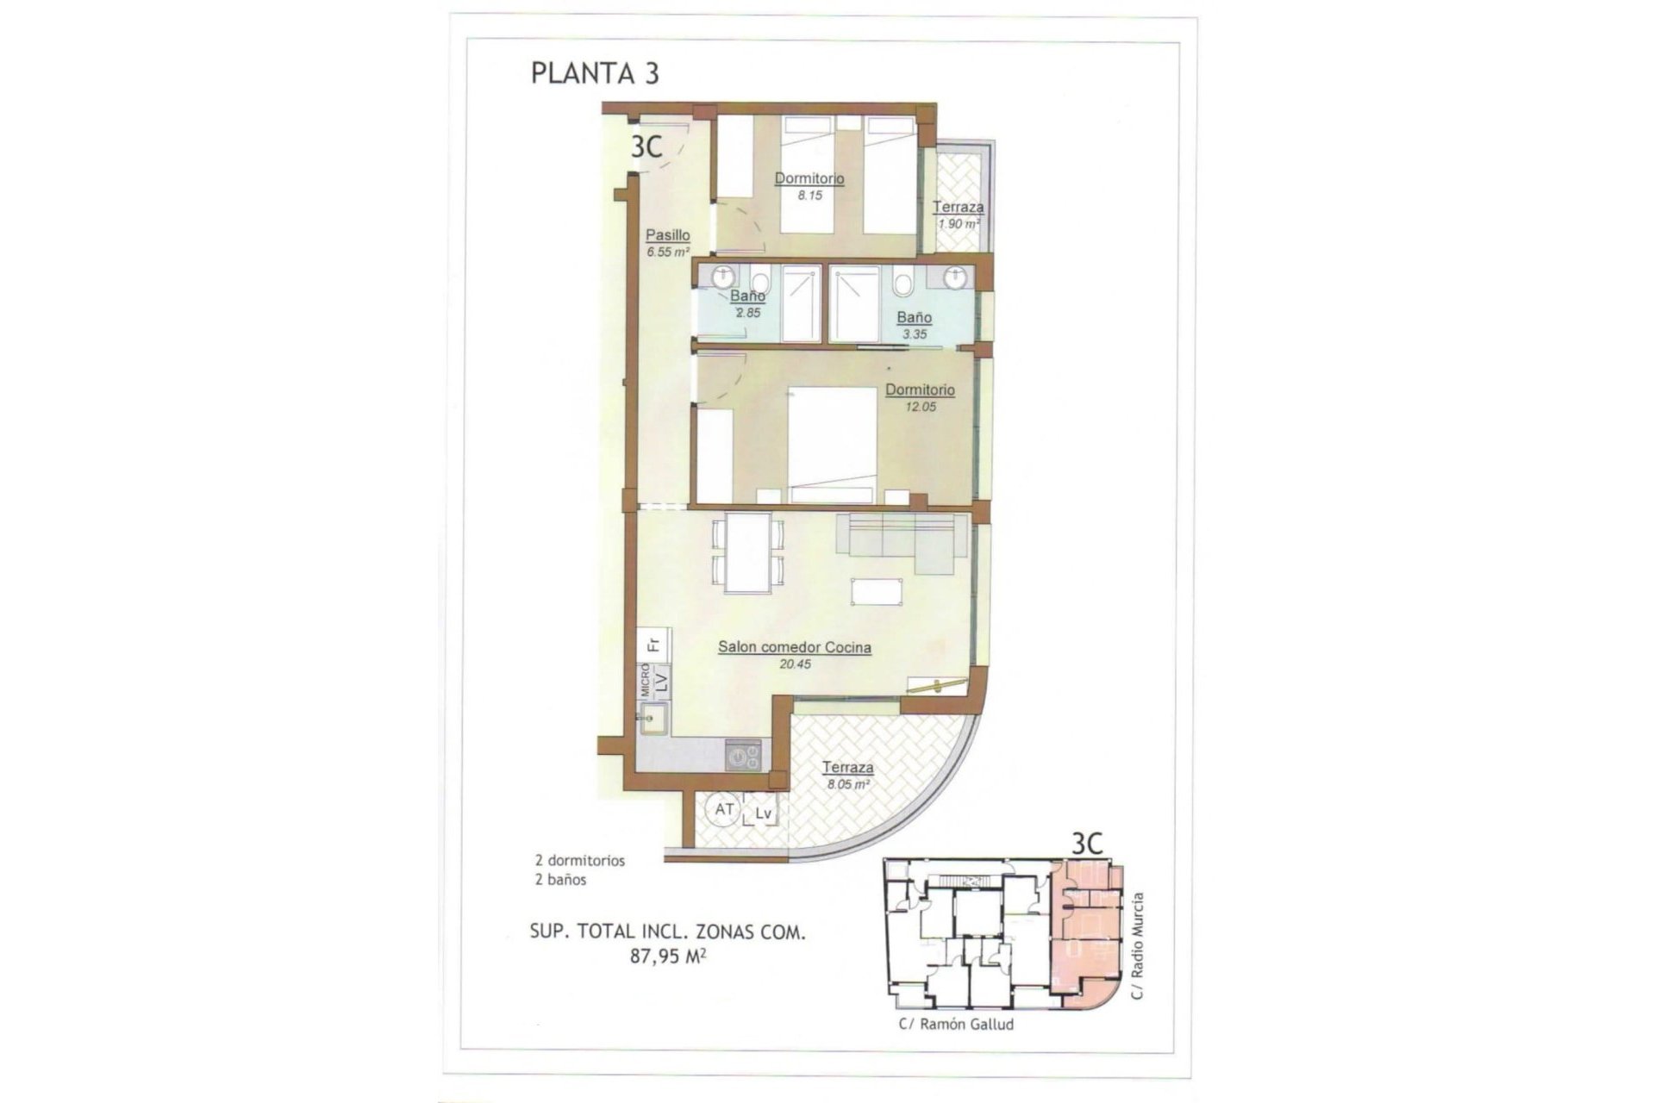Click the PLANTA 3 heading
tap(595, 73)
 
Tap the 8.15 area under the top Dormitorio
tap(809, 196)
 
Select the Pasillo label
tap(668, 234)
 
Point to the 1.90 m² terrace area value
tap(959, 224)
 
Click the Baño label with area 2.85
tap(747, 296)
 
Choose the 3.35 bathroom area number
tap(914, 334)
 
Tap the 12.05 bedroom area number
tap(920, 407)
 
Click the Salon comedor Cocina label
tap(794, 647)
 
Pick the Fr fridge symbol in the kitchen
tap(653, 643)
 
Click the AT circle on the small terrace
tap(724, 810)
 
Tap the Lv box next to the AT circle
tap(764, 813)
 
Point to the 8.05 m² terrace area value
tap(848, 785)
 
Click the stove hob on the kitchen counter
tap(743, 757)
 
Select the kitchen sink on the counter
tap(653, 719)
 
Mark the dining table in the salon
tap(747, 552)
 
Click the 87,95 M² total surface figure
tap(668, 956)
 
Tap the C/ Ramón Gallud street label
tap(956, 1025)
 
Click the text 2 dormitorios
tap(579, 860)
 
